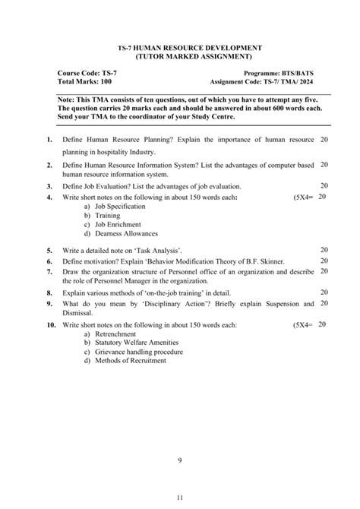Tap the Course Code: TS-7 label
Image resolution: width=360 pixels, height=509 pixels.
click(x=87, y=72)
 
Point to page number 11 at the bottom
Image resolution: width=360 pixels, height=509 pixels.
click(x=180, y=498)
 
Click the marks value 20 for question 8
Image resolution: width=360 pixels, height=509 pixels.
click(x=324, y=292)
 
